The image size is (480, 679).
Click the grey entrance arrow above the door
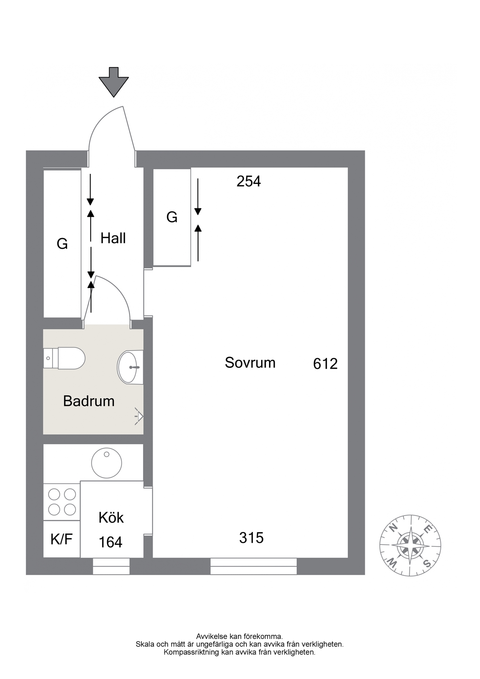pyautogui.click(x=114, y=82)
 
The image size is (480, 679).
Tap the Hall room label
pyautogui.click(x=113, y=238)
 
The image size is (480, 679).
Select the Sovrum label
pyautogui.click(x=250, y=363)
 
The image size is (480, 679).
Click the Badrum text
pyautogui.click(x=89, y=401)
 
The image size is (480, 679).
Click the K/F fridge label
pyautogui.click(x=61, y=539)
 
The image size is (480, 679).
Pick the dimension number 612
pyautogui.click(x=325, y=364)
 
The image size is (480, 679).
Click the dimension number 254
pyautogui.click(x=248, y=181)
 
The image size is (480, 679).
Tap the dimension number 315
pyautogui.click(x=251, y=538)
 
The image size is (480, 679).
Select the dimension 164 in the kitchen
pyautogui.click(x=111, y=542)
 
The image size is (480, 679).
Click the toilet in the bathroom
pyautogui.click(x=64, y=358)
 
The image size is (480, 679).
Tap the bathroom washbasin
pyautogui.click(x=130, y=367)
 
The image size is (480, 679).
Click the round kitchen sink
pyautogui.click(x=107, y=463)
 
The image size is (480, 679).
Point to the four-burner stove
pyautogui.click(x=62, y=502)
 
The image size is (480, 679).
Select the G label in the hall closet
pyautogui.click(x=62, y=243)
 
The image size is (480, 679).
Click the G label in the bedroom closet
pyautogui.click(x=172, y=217)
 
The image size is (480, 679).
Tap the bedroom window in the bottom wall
pyautogui.click(x=254, y=566)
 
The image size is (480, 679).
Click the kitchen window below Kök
pyautogui.click(x=111, y=566)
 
